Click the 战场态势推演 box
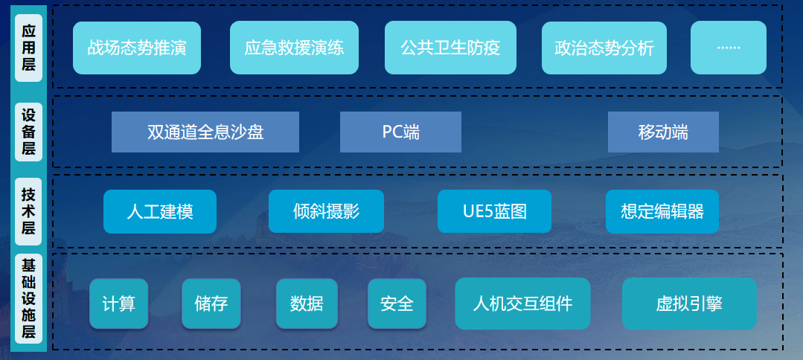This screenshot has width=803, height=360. (x=137, y=48)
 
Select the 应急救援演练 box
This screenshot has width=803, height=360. (x=294, y=48)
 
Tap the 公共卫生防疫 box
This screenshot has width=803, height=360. (x=451, y=48)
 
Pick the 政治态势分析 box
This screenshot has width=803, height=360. (x=604, y=48)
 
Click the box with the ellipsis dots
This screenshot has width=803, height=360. (x=729, y=48)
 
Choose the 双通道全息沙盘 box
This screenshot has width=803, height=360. (x=205, y=132)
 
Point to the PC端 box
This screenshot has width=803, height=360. (x=400, y=132)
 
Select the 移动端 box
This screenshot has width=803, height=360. (x=663, y=132)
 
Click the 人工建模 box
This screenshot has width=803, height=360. (x=160, y=211)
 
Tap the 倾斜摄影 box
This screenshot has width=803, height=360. (x=326, y=211)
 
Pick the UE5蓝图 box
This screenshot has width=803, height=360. (x=494, y=211)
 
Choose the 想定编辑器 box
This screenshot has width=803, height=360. (x=662, y=211)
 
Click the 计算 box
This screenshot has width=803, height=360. (x=119, y=303)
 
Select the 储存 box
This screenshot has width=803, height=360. (x=211, y=303)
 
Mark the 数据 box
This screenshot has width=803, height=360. (x=307, y=303)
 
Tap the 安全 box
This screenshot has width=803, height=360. (x=397, y=303)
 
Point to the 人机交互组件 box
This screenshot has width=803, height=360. (x=522, y=303)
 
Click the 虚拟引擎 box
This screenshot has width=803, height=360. (x=689, y=303)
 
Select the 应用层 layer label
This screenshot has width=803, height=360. (x=29, y=48)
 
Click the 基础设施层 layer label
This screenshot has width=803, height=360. (x=29, y=298)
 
